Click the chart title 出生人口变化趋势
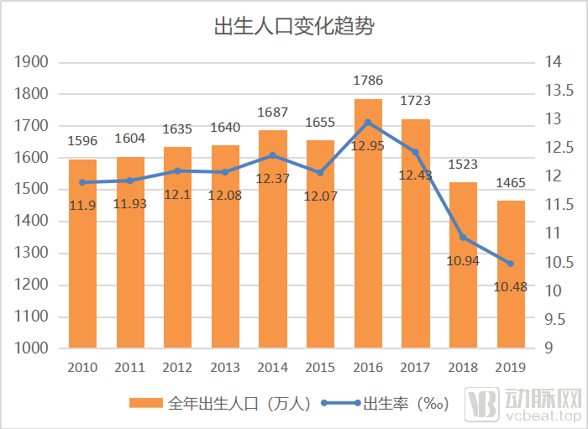coord(293,26)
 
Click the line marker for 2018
coord(463,238)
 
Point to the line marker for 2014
coord(273,155)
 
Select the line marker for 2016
coord(368,123)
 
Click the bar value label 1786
coord(368,81)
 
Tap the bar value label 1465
coord(510,183)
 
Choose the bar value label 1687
coord(273,112)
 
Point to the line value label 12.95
coord(368,145)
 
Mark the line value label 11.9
coord(82,205)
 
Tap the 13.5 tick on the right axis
coord(558,91)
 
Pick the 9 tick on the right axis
coord(549,348)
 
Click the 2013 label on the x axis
coord(225,368)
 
